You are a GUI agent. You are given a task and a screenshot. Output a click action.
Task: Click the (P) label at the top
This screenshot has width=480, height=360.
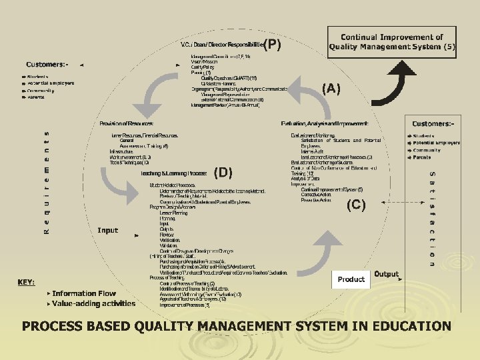[x=272, y=45]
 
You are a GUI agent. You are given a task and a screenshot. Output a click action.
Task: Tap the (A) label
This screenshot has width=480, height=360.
[x=331, y=89]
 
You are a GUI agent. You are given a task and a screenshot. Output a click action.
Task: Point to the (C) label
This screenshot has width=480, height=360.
[x=355, y=205]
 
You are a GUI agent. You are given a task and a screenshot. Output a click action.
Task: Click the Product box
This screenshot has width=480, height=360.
[x=351, y=279]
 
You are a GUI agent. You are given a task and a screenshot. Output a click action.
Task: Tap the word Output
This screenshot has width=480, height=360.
[x=386, y=274]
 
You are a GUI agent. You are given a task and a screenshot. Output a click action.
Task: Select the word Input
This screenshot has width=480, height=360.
[x=107, y=231]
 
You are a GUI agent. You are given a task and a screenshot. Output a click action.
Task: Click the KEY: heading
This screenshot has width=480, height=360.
[x=26, y=282]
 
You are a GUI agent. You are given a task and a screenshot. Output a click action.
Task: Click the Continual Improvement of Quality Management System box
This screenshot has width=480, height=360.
[x=392, y=42]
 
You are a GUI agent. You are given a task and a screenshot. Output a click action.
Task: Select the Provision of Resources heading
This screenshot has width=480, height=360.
[x=127, y=123]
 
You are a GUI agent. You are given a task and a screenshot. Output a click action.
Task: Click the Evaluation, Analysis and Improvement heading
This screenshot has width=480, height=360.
[x=325, y=123]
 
